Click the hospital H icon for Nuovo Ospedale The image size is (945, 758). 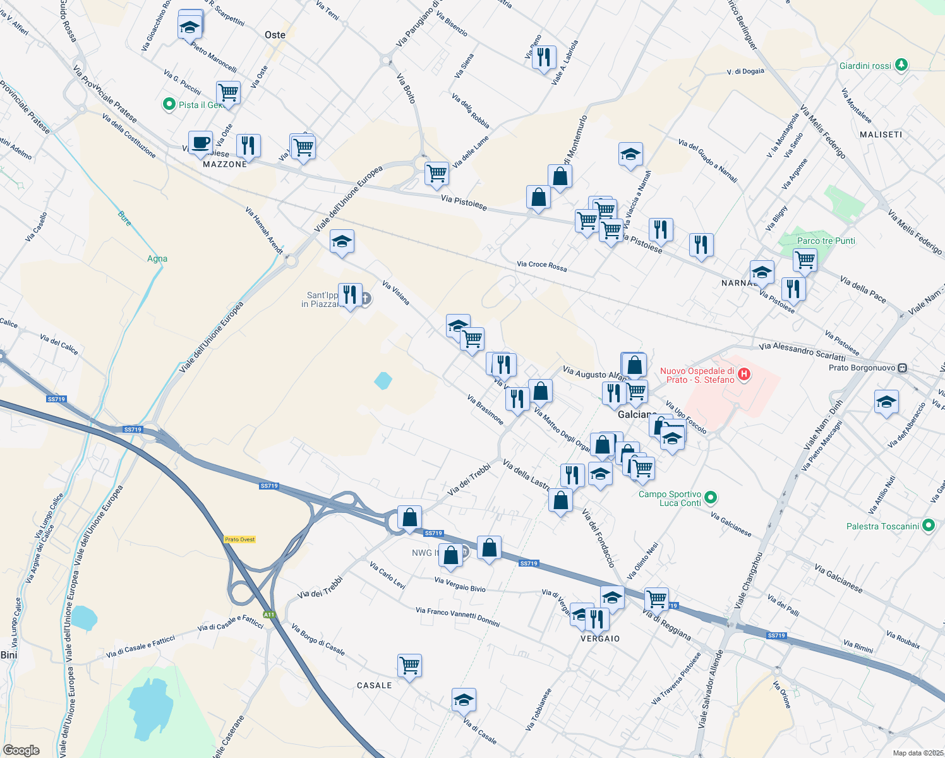[744, 374]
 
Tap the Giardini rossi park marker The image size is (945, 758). [901, 64]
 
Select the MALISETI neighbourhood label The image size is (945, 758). [881, 135]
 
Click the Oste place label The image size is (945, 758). [275, 35]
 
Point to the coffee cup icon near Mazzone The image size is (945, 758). [200, 143]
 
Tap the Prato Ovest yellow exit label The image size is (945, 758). [240, 539]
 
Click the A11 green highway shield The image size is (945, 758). [270, 614]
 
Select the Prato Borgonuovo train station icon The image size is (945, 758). [903, 368]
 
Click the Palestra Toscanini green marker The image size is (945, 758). [928, 525]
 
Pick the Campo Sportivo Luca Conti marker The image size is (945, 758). [711, 498]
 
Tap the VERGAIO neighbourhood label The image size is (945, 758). [600, 639]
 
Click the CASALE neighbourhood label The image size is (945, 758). [374, 685]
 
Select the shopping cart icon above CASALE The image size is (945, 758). [409, 665]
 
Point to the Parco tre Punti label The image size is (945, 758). [826, 241]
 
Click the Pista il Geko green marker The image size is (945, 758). [169, 104]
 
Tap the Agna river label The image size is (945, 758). [157, 258]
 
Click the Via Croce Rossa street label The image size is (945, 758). [541, 266]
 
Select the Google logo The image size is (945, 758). [21, 750]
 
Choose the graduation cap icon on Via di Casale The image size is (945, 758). [464, 700]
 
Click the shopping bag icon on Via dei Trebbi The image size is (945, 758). [409, 518]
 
